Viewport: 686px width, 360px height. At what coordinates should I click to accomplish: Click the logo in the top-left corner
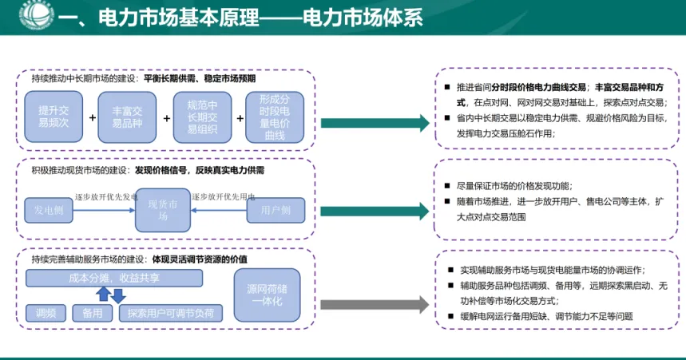pos(25,15)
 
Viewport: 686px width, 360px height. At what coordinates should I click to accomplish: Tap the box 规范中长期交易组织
pos(202,117)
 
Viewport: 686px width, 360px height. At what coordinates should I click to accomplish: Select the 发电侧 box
pos(48,210)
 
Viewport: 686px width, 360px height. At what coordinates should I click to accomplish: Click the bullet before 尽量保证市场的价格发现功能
pos(448,182)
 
